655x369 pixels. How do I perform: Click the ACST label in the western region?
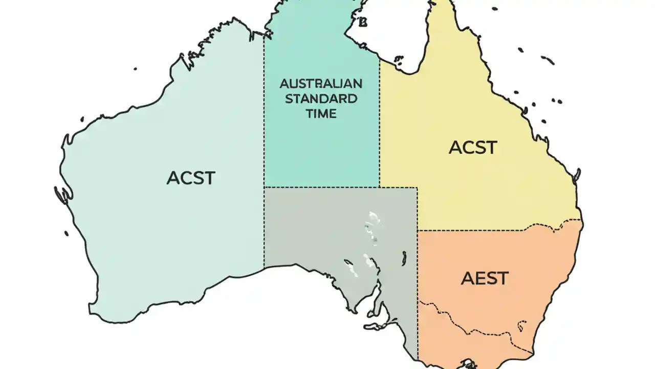click(x=191, y=178)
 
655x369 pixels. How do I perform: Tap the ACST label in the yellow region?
click(x=472, y=148)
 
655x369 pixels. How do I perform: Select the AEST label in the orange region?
click(x=485, y=278)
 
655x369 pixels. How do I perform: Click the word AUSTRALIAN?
click(x=321, y=84)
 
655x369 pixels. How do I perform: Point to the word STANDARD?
click(x=321, y=98)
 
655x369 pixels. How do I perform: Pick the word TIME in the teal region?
click(x=321, y=114)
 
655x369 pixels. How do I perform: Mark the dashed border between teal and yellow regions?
click(x=380, y=128)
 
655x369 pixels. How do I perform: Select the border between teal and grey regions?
click(x=321, y=187)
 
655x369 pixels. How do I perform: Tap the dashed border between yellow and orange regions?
click(x=491, y=229)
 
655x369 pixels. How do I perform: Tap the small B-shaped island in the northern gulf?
click(x=364, y=22)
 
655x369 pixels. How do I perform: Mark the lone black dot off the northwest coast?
click(x=136, y=68)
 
